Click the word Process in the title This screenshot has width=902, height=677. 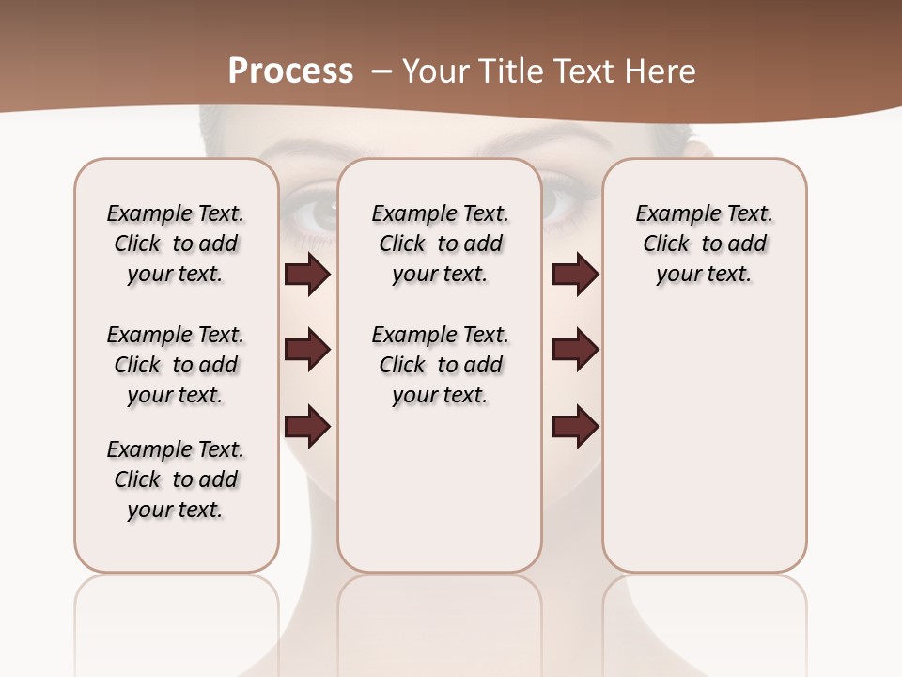tap(290, 71)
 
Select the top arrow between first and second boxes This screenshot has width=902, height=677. tap(307, 275)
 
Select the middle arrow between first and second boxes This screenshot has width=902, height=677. tap(307, 350)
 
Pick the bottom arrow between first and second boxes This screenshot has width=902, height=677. tap(307, 427)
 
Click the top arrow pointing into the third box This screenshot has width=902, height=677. tap(575, 275)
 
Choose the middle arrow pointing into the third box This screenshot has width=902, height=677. tap(575, 350)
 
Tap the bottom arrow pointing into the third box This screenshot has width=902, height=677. tap(575, 427)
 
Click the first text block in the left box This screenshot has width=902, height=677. tap(176, 244)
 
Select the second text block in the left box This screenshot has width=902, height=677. tap(176, 365)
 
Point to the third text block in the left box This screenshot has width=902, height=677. tap(176, 480)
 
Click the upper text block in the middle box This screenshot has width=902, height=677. tap(440, 244)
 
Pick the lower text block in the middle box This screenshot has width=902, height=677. tap(440, 365)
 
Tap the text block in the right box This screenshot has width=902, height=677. tap(704, 244)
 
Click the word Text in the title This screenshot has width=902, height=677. tap(581, 71)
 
